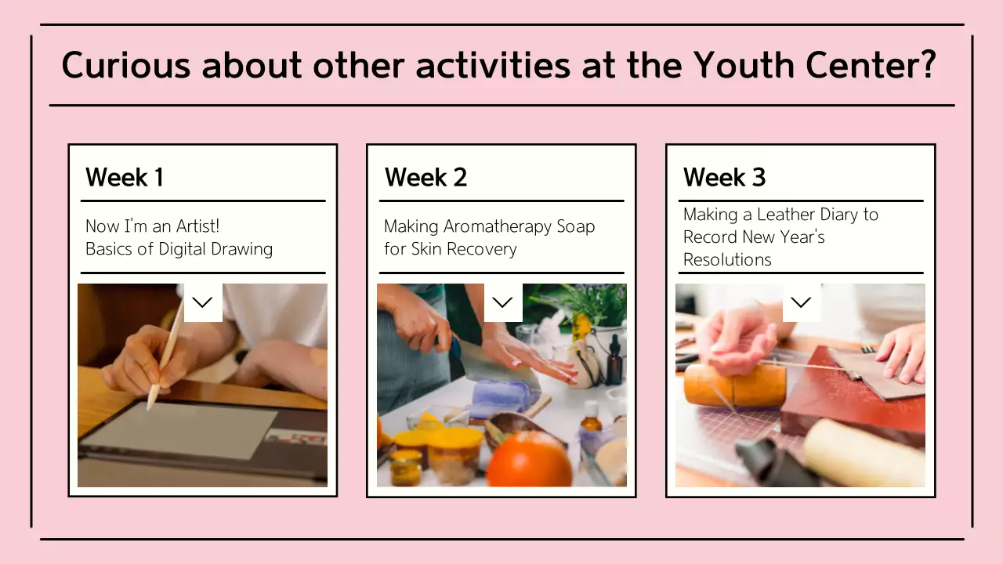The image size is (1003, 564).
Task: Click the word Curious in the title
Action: (x=126, y=65)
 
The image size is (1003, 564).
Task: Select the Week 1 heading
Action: (x=124, y=177)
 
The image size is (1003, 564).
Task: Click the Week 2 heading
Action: (x=425, y=177)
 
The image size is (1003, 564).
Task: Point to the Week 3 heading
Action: (x=724, y=177)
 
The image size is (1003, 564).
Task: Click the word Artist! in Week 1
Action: (x=197, y=226)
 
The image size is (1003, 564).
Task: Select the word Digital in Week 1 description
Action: (x=182, y=249)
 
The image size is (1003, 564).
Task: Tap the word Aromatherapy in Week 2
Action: (x=498, y=227)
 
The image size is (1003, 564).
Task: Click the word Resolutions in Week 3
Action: (x=727, y=259)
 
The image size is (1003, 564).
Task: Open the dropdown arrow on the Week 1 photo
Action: (x=203, y=302)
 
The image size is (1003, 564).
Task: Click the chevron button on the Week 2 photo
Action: (x=503, y=302)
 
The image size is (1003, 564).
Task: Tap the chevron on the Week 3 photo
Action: (x=802, y=302)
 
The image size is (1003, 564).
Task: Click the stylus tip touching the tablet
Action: (x=149, y=408)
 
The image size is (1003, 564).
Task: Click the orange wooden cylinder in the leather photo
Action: (x=734, y=385)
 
